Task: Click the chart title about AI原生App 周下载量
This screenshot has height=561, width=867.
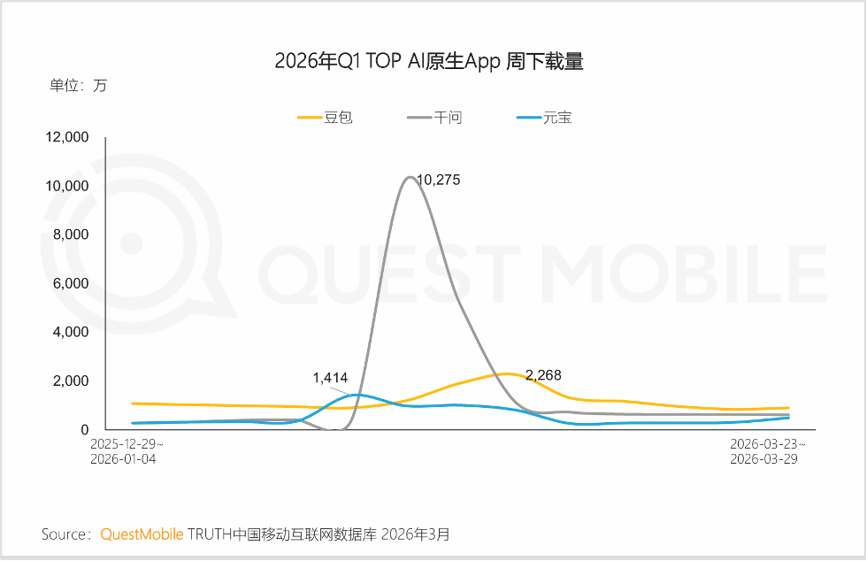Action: [429, 61]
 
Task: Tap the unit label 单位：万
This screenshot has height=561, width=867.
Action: [78, 86]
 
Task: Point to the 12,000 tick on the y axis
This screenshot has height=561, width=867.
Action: [67, 137]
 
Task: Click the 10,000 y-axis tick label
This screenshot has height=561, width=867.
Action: [67, 186]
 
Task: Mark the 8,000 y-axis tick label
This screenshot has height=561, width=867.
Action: [71, 234]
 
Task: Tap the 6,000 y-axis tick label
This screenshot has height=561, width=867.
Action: [71, 283]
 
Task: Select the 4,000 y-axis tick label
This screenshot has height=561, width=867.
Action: [71, 332]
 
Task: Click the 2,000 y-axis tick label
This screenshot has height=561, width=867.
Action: [71, 380]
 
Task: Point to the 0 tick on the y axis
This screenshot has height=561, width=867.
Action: [85, 429]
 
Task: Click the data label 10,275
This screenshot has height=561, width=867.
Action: [438, 180]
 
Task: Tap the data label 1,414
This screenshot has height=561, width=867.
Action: [330, 378]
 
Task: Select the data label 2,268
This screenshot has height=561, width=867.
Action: [542, 375]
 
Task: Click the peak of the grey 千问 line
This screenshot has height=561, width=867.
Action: [409, 177]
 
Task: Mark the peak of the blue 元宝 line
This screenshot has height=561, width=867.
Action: [357, 395]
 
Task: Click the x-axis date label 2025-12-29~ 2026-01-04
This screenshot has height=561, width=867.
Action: [127, 451]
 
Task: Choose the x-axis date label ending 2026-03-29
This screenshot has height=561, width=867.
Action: [767, 451]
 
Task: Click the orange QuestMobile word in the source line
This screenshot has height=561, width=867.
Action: [142, 534]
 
